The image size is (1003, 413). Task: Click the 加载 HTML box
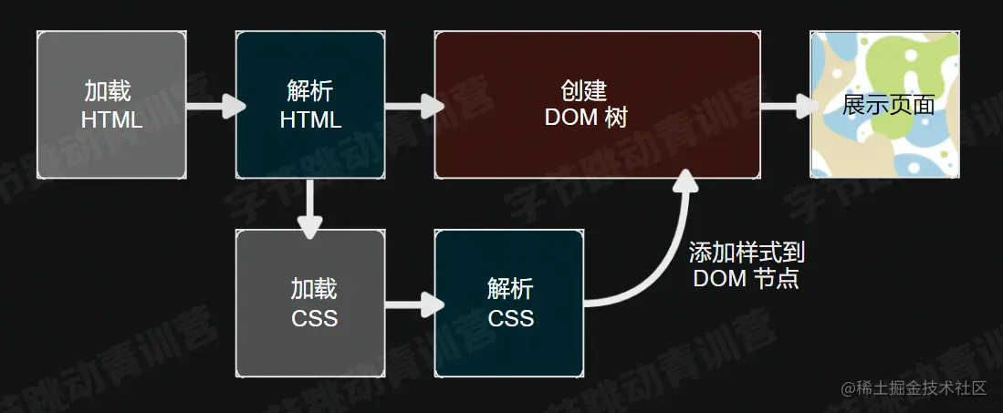coord(112,105)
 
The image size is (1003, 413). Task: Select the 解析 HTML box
coord(310,105)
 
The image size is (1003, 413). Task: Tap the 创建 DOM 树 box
coord(598,105)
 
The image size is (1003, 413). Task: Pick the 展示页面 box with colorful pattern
coord(884,105)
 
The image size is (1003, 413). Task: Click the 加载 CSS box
coord(310,303)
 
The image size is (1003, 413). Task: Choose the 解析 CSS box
coord(509,303)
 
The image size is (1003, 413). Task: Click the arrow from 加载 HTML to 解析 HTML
coord(215,106)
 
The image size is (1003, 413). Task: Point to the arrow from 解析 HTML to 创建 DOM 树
coord(414,106)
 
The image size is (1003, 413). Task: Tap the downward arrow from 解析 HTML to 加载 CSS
coord(310,209)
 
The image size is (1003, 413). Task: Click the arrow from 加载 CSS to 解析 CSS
coord(414,304)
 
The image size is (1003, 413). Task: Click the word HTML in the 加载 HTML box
coord(112,120)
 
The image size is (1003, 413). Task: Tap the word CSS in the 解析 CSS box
coord(511,318)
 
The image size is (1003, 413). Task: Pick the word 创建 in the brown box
coord(584,91)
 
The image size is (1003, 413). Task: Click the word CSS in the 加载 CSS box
coord(315,318)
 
